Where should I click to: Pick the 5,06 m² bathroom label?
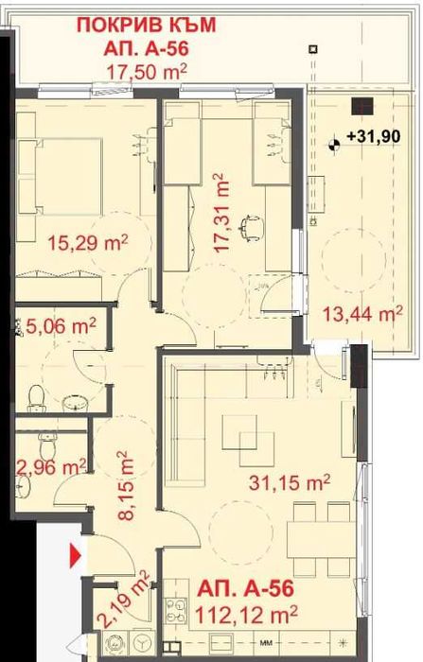[59, 326]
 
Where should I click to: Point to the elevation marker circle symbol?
[334, 144]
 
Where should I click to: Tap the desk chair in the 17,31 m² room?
[251, 224]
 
